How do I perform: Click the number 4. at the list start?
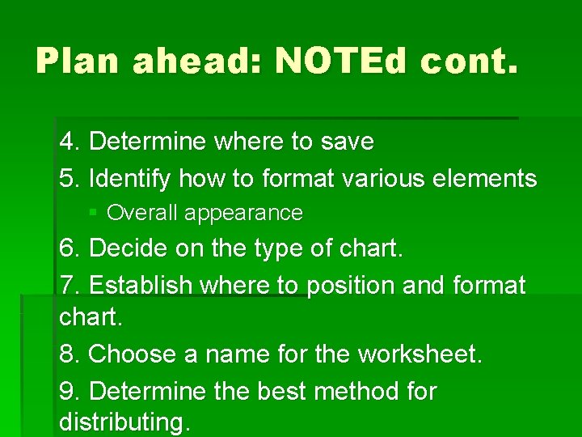click(x=70, y=142)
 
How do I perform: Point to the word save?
click(x=347, y=142)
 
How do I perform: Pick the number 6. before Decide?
click(x=70, y=249)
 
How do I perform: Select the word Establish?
click(x=141, y=286)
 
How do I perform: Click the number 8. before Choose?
click(x=70, y=354)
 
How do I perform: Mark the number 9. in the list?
click(x=70, y=392)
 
